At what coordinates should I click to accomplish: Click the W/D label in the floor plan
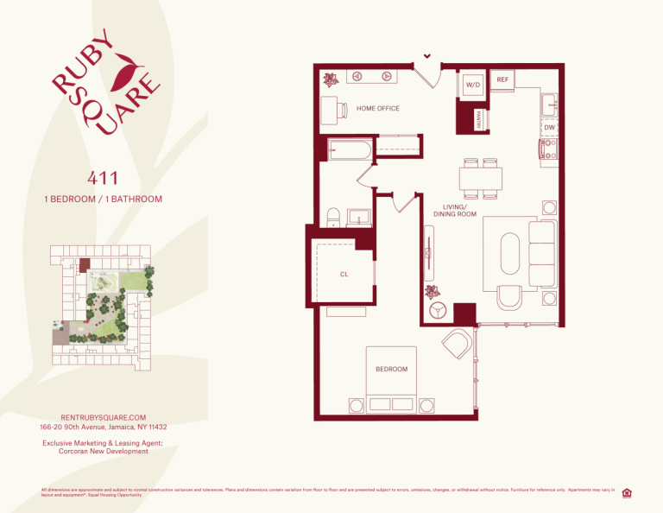tap(472, 85)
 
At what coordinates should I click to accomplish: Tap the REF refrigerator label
tap(503, 79)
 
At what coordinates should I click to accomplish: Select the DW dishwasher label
tap(549, 128)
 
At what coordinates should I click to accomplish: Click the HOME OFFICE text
tap(377, 109)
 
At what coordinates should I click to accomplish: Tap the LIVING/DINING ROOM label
tap(455, 211)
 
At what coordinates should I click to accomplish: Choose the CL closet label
tap(344, 275)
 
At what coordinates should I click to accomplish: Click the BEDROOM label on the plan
tap(391, 369)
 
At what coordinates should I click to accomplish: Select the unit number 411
tap(103, 179)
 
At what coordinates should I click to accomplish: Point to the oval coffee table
tap(509, 254)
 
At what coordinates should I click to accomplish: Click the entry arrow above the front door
tap(426, 58)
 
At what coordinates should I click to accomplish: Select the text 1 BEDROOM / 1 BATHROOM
tap(103, 199)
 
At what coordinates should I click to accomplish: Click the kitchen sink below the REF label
tap(549, 105)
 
